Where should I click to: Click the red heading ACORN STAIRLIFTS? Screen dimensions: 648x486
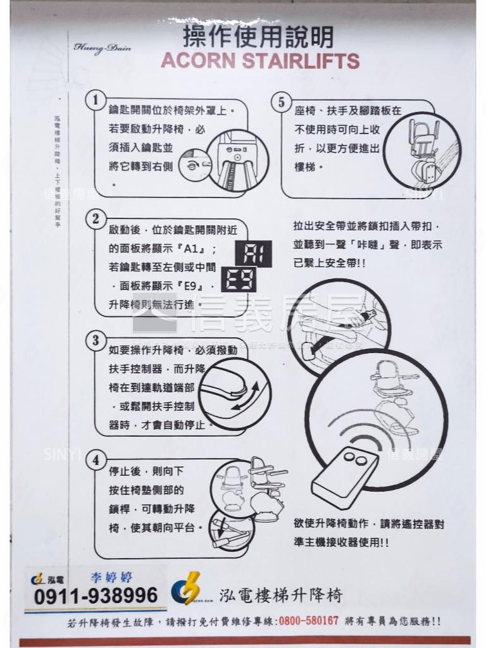click(x=260, y=61)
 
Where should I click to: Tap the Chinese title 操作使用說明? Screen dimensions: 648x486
click(x=258, y=37)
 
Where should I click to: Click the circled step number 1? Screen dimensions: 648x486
click(x=95, y=100)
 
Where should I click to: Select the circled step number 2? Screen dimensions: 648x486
click(x=96, y=220)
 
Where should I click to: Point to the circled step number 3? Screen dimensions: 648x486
click(x=96, y=340)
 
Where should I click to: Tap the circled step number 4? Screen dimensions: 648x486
click(x=96, y=460)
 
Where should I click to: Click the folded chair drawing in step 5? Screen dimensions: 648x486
click(x=421, y=153)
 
